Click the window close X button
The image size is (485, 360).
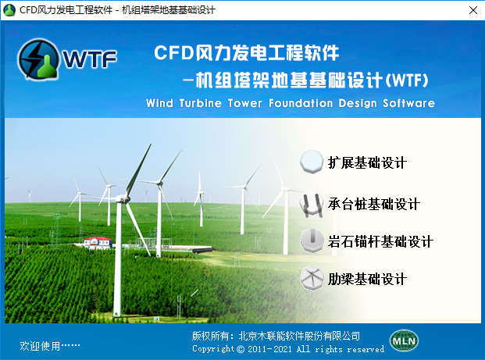[473, 10]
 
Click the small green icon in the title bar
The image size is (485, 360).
[9, 10]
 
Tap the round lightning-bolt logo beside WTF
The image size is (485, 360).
[38, 59]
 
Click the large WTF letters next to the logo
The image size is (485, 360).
[90, 59]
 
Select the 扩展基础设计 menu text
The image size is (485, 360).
[367, 162]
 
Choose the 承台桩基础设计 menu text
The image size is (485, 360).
[373, 204]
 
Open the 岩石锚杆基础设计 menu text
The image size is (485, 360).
[380, 241]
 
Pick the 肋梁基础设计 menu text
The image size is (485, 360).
[367, 279]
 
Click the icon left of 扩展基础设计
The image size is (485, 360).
[312, 162]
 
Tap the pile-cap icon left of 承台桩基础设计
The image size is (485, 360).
[312, 204]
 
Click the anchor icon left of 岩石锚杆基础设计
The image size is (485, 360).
[312, 241]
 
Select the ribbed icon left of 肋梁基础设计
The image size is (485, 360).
[312, 278]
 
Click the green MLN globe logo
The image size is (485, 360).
[404, 340]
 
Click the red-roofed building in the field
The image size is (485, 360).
[98, 243]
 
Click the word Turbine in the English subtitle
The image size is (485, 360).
[201, 103]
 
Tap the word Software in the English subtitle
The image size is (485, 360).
[409, 103]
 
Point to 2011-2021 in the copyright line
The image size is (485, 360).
[269, 349]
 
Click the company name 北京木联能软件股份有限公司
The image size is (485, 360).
[299, 336]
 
